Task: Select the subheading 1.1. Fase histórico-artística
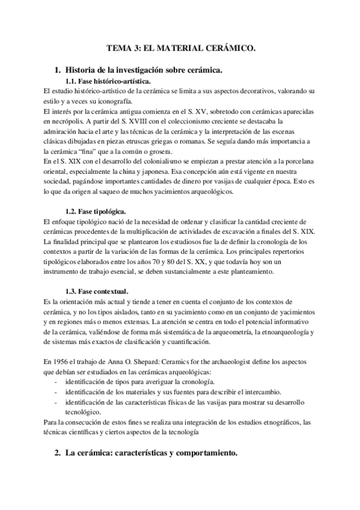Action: pos(108,81)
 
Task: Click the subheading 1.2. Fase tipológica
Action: pos(95,211)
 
